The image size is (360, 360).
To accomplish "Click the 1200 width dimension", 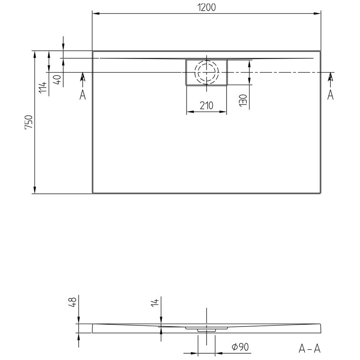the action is [x=206, y=8].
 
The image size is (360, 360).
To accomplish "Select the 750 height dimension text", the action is [x=29, y=122].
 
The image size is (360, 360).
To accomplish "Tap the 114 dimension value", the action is [x=43, y=87].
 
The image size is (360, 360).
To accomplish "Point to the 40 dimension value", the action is [x=57, y=80].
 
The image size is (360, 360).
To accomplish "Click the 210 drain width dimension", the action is [x=206, y=105].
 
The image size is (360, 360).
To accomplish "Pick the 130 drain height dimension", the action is [x=243, y=100].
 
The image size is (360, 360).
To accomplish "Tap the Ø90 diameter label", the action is [x=240, y=347].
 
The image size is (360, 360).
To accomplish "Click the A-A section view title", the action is [x=310, y=348].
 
